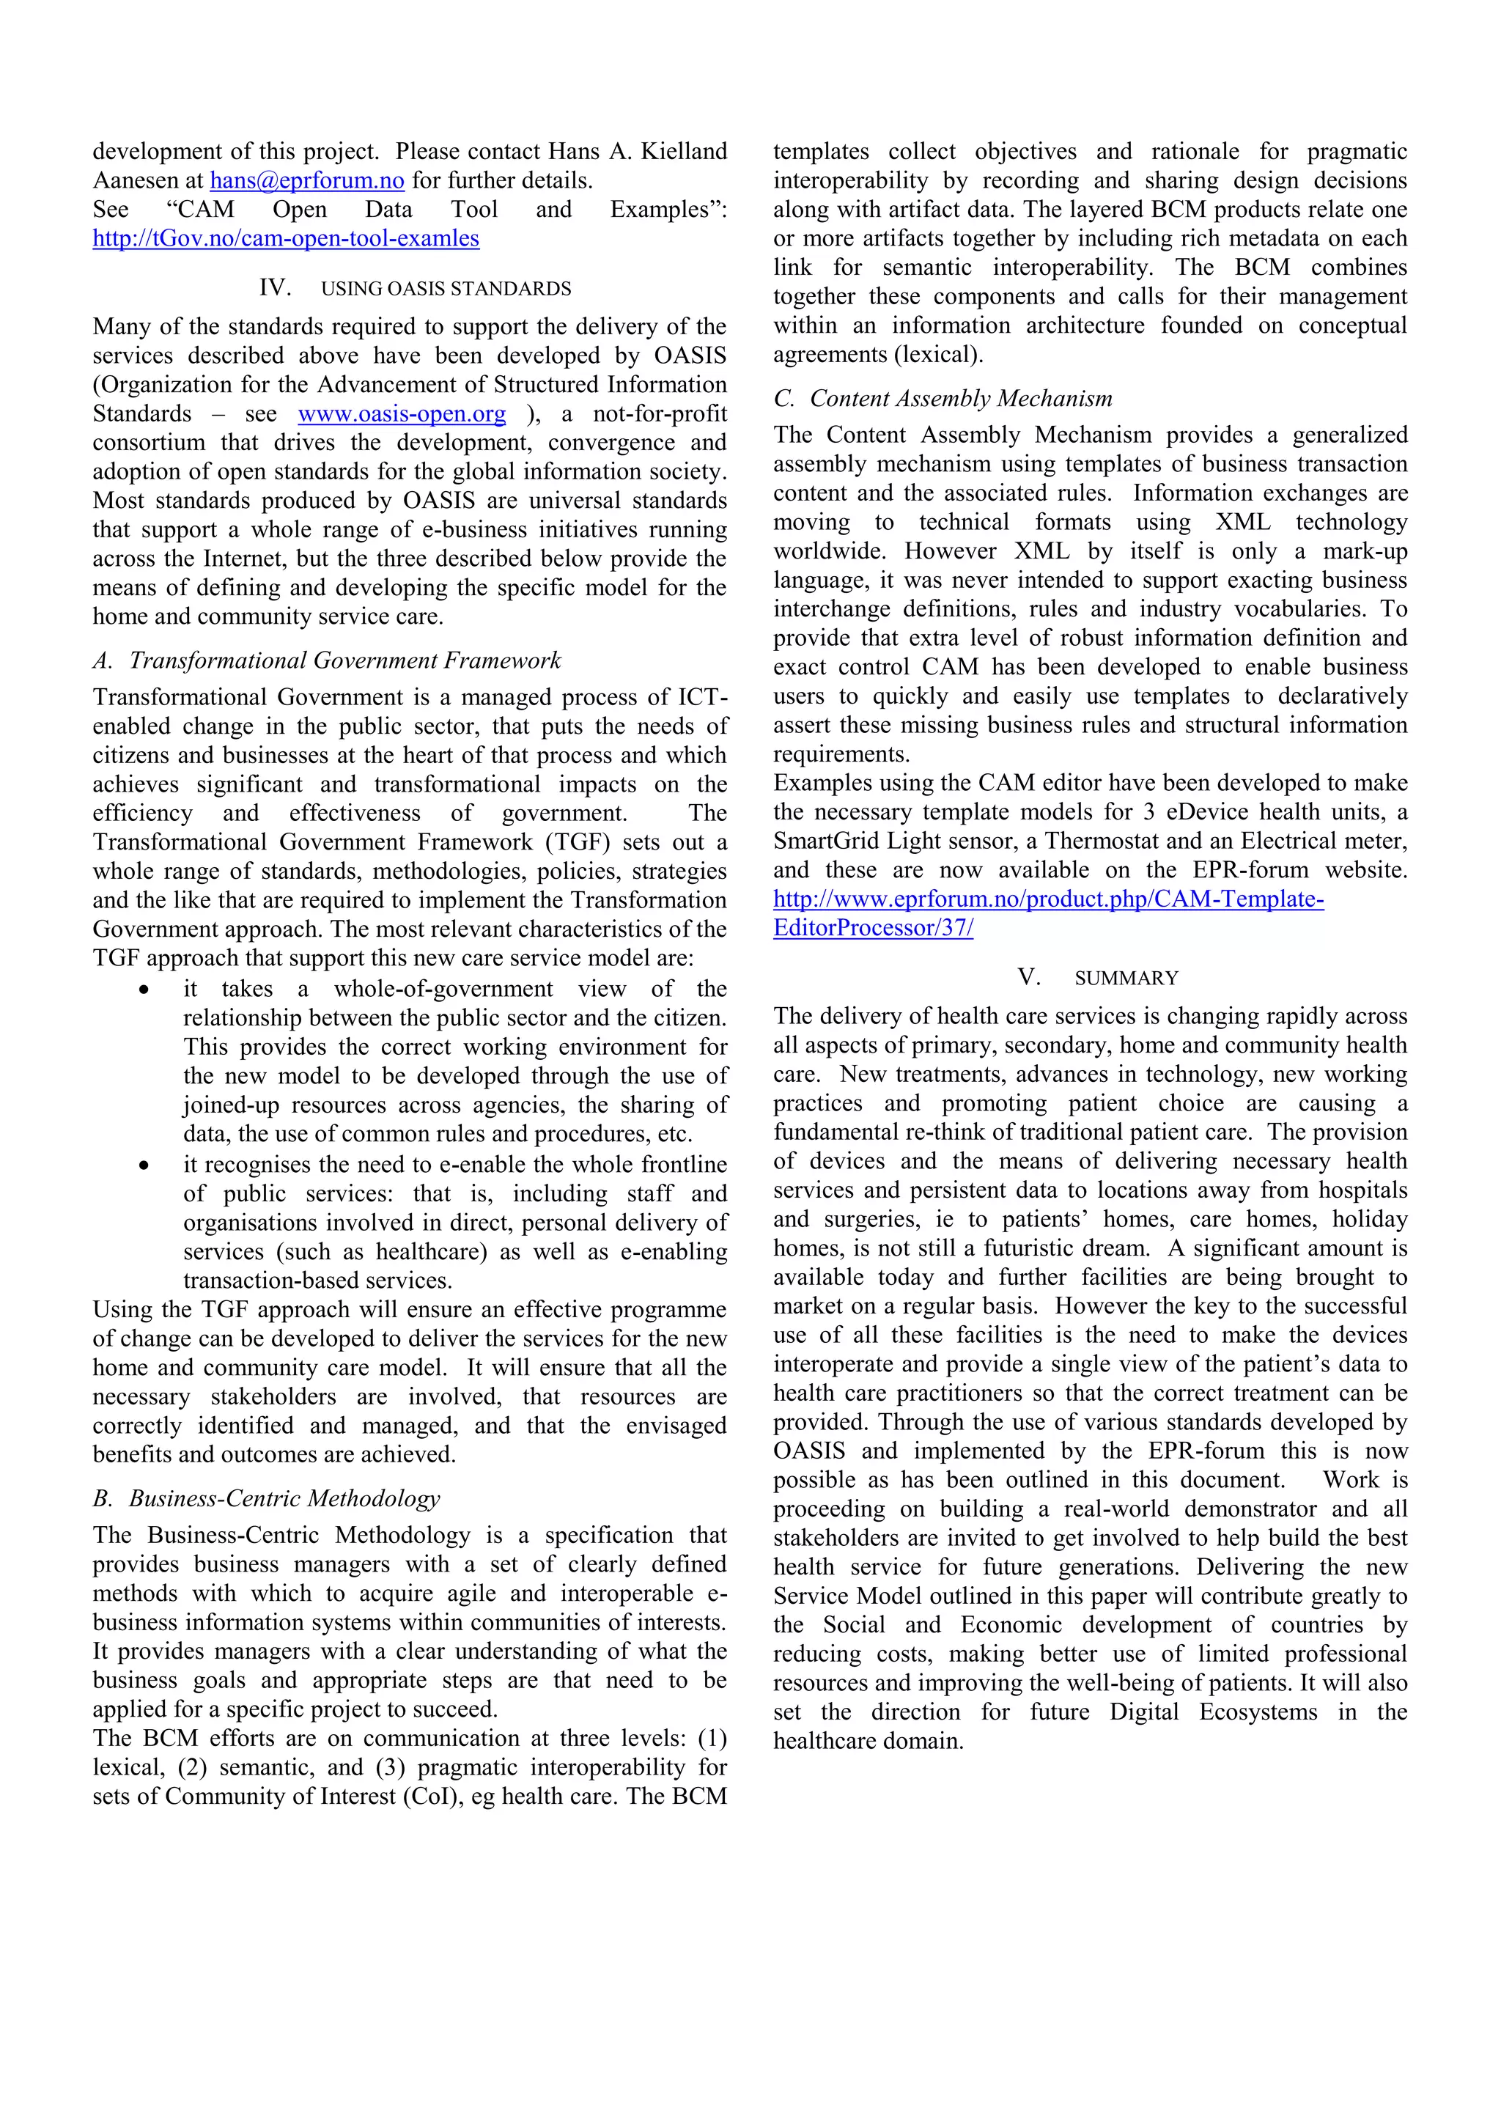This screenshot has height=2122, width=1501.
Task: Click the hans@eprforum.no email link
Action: point(307,180)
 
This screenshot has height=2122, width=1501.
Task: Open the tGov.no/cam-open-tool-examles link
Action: point(286,238)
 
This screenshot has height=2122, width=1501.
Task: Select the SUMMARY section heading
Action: point(1126,979)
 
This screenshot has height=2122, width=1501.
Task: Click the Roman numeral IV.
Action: point(275,288)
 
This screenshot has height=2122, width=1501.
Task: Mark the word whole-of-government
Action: point(443,990)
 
